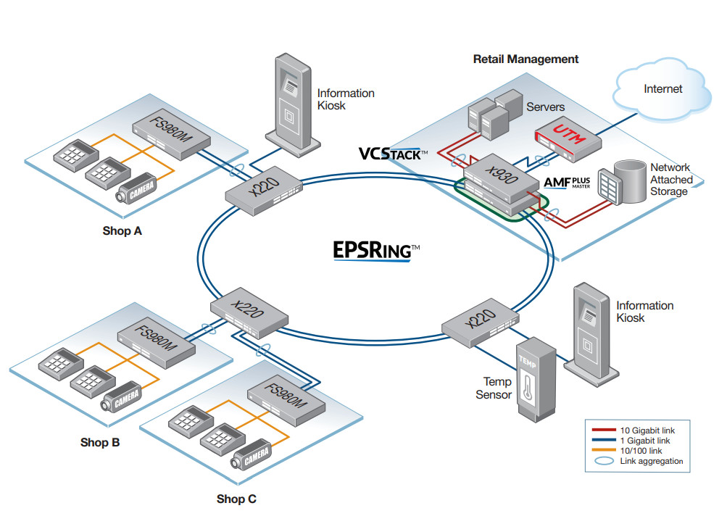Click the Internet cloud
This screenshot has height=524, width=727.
pos(662,91)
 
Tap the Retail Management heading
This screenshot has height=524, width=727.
pos(525,59)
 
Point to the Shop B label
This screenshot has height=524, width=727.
pos(100,442)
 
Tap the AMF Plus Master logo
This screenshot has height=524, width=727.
pos(567,182)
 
